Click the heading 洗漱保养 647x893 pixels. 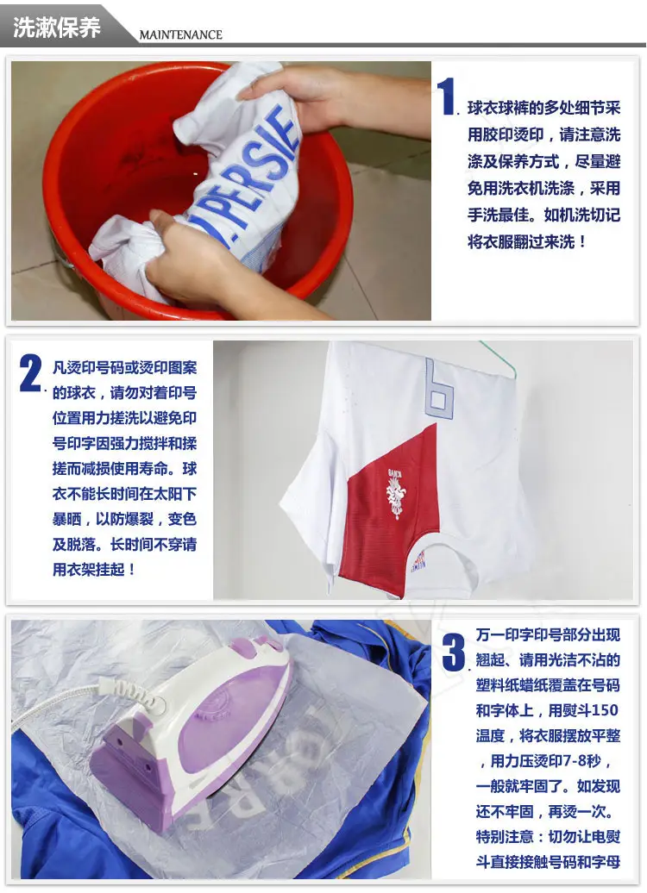pyautogui.click(x=56, y=27)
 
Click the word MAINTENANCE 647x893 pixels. pyautogui.click(x=180, y=34)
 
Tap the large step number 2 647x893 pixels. pyautogui.click(x=31, y=372)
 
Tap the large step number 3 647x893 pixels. pyautogui.click(x=455, y=652)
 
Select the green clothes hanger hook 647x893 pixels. pyautogui.click(x=500, y=359)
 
